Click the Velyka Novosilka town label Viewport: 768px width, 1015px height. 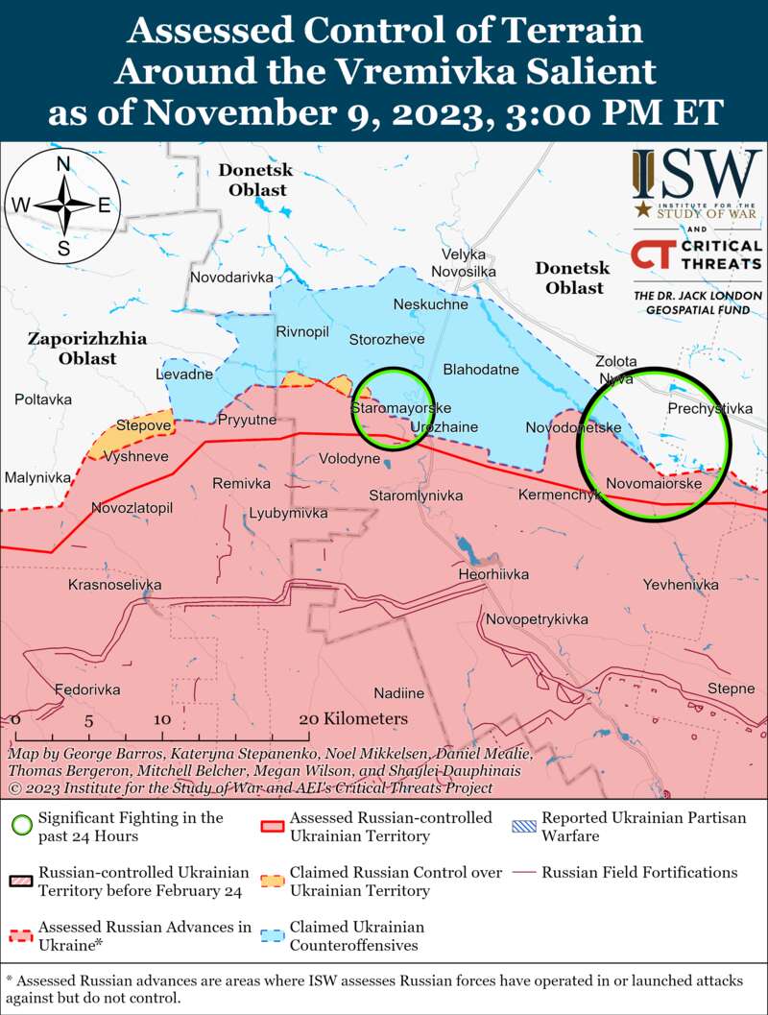(464, 263)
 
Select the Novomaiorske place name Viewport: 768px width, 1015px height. (654, 483)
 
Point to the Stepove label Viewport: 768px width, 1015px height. (143, 424)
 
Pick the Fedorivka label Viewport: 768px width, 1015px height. (87, 689)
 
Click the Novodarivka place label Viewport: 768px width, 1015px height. (231, 278)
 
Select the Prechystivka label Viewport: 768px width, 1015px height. (709, 409)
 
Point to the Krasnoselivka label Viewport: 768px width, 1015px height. (114, 585)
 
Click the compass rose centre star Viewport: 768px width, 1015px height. (63, 205)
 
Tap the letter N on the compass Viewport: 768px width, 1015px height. (63, 164)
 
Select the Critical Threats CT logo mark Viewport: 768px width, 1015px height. (651, 255)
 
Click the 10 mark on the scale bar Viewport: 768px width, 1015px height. (161, 719)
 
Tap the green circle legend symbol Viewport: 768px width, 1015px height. (21, 826)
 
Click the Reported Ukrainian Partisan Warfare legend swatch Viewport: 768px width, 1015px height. (525, 818)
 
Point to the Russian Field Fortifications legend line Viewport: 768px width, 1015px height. (525, 873)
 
